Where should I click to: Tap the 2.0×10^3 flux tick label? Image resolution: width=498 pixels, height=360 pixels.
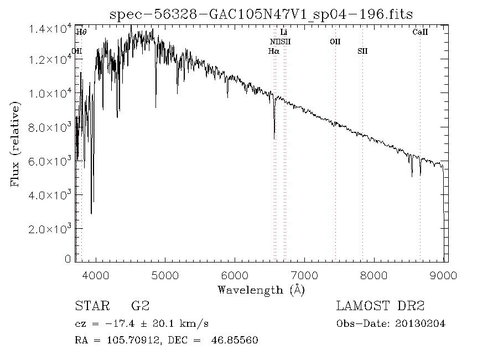(x=50, y=228)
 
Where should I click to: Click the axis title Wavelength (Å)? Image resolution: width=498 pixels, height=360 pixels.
(x=261, y=290)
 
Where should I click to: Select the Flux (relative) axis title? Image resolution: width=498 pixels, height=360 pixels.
(x=15, y=145)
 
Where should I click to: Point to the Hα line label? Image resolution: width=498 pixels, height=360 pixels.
(x=273, y=51)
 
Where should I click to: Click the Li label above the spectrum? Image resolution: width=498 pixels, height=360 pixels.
(x=284, y=32)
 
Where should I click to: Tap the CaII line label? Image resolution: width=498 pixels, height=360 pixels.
(x=421, y=32)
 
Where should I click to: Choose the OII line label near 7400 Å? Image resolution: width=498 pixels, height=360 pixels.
(x=335, y=42)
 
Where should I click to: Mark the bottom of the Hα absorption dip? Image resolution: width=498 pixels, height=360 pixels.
(x=274, y=138)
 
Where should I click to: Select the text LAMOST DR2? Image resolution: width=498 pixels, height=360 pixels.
(x=380, y=306)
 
